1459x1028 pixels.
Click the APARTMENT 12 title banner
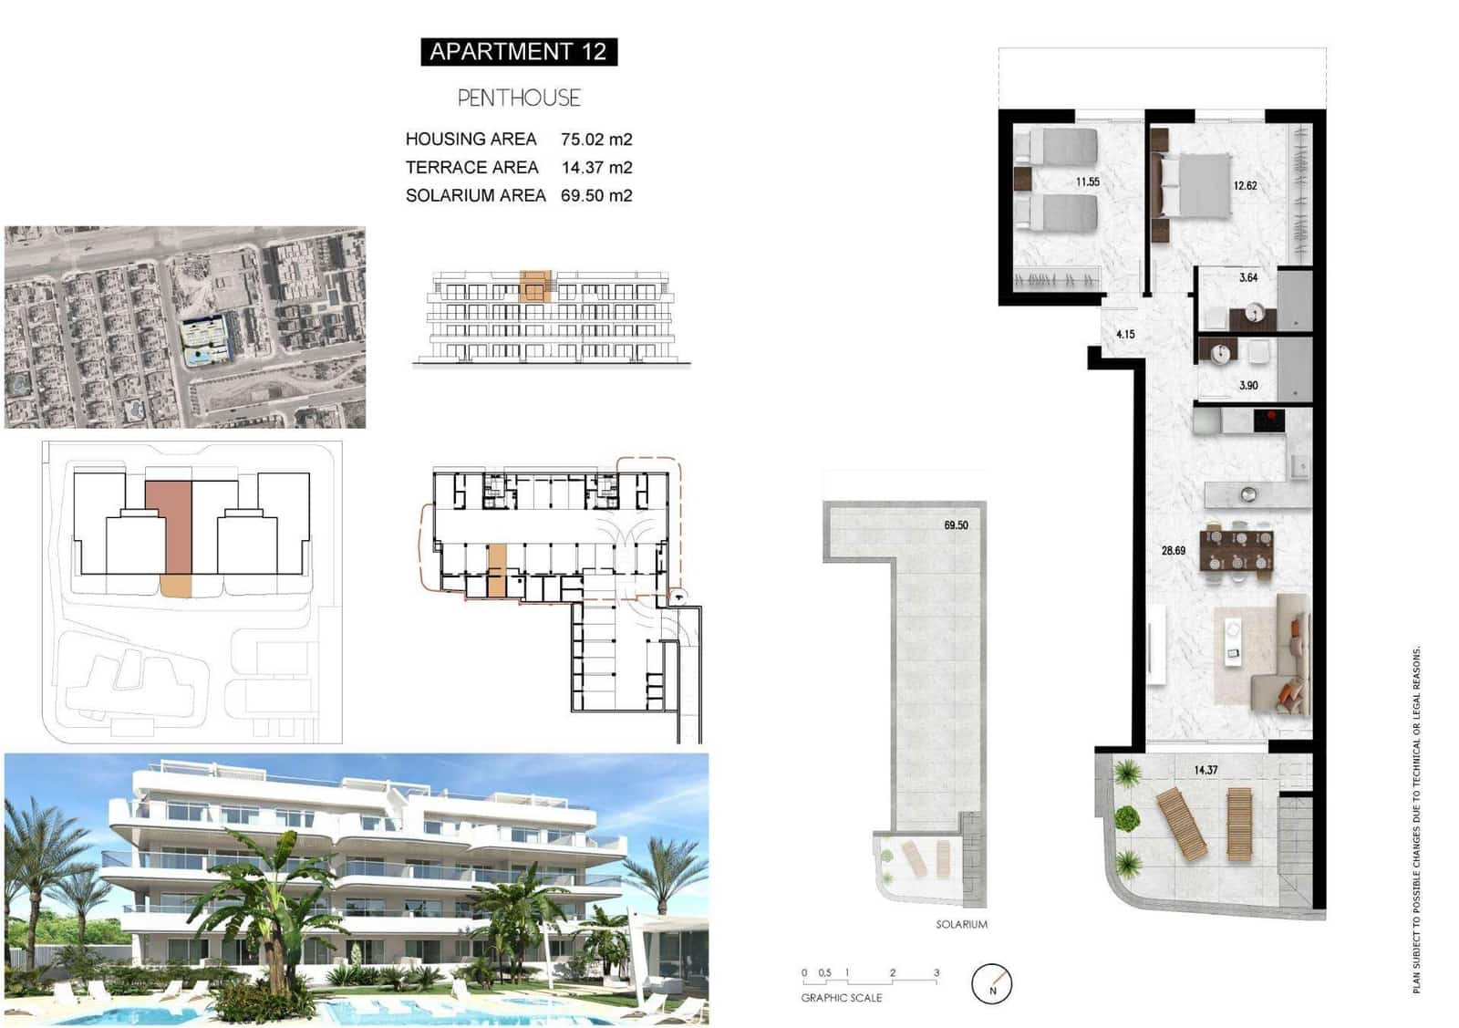click(518, 52)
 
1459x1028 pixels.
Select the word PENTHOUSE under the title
click(518, 98)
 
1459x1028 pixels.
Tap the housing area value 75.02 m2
click(596, 140)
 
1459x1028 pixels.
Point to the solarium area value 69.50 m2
click(596, 195)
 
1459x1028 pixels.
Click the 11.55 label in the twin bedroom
click(1087, 182)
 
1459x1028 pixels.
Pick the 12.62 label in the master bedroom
click(1245, 186)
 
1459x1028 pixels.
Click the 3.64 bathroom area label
click(1248, 278)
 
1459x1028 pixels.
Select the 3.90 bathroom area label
click(1248, 386)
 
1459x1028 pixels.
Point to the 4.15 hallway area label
click(1125, 335)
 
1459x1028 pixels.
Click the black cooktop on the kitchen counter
click(1268, 421)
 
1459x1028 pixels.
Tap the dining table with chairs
click(1238, 551)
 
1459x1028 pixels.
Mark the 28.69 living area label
click(1173, 551)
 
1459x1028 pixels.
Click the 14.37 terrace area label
click(1205, 771)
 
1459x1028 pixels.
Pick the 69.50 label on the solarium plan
click(956, 525)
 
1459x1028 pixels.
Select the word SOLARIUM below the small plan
click(961, 925)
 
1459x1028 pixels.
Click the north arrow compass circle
click(992, 985)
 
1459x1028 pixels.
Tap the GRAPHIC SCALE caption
click(841, 998)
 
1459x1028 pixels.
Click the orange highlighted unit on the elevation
click(535, 285)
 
